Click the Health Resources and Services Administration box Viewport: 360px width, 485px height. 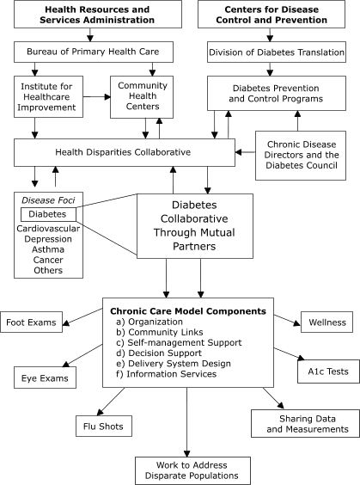point(89,14)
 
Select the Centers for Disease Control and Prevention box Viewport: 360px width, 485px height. point(270,14)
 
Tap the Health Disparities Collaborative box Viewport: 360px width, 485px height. point(124,152)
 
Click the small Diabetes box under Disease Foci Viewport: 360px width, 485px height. point(48,213)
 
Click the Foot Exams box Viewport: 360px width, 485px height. point(34,323)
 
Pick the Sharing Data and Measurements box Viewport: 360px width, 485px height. point(304,421)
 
